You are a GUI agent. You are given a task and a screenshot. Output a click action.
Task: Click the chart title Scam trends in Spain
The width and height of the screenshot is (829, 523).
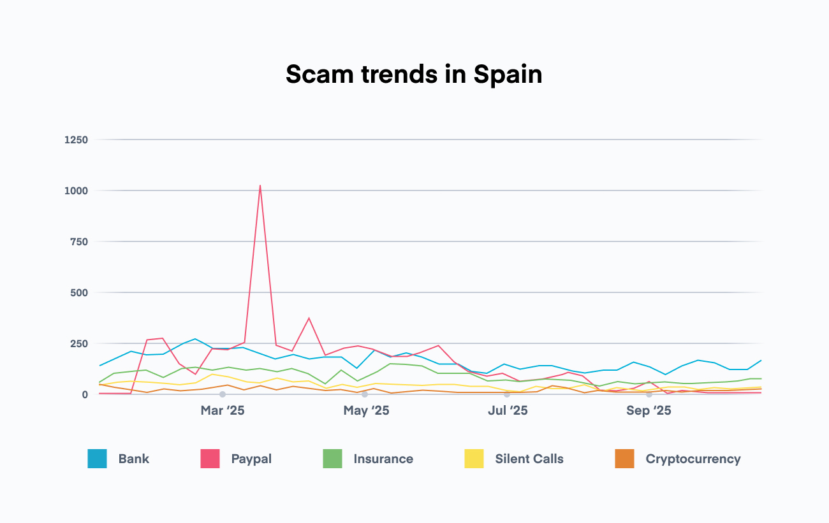pos(414,75)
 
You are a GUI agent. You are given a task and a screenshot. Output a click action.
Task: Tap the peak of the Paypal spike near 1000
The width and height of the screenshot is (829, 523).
pos(260,185)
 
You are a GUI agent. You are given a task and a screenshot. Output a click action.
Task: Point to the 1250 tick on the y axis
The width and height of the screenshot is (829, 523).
pos(76,140)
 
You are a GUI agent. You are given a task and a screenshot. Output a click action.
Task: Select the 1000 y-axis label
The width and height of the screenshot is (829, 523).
pos(76,190)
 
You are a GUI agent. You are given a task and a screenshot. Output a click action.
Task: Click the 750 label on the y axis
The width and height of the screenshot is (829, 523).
pos(79,241)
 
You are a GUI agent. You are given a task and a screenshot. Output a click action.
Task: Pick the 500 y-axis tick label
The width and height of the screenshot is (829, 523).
pos(79,292)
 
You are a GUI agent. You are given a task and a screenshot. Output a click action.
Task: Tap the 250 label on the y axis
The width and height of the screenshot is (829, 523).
pos(79,343)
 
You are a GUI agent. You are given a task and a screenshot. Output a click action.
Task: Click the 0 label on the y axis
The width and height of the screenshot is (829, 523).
pos(84,394)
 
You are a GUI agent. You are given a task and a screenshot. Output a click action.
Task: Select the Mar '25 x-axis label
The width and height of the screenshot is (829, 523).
pos(222,411)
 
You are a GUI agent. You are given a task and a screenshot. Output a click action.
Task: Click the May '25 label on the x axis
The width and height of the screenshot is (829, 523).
pos(366,411)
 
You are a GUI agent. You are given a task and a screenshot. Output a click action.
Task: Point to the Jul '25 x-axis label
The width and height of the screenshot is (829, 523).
pos(508,411)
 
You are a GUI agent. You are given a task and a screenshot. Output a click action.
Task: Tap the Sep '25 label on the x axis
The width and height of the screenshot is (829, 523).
pos(649,411)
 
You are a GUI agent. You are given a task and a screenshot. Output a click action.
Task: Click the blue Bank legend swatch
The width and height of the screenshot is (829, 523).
pos(98,459)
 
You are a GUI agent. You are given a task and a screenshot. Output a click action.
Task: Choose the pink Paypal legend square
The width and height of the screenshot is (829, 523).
pos(210,459)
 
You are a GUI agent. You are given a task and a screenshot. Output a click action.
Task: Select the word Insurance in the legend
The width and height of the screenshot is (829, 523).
pos(383,459)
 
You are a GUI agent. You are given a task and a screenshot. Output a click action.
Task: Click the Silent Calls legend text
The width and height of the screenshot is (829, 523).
pos(529,459)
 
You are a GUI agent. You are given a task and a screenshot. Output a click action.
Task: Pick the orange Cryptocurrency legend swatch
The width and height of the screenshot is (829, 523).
pos(624,459)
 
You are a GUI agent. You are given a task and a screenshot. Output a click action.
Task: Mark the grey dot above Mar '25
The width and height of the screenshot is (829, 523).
pos(223,394)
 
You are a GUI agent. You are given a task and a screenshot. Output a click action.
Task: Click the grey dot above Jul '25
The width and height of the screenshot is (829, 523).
pos(507,394)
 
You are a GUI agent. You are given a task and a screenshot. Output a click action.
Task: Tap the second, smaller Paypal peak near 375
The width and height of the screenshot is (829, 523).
pos(309,318)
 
